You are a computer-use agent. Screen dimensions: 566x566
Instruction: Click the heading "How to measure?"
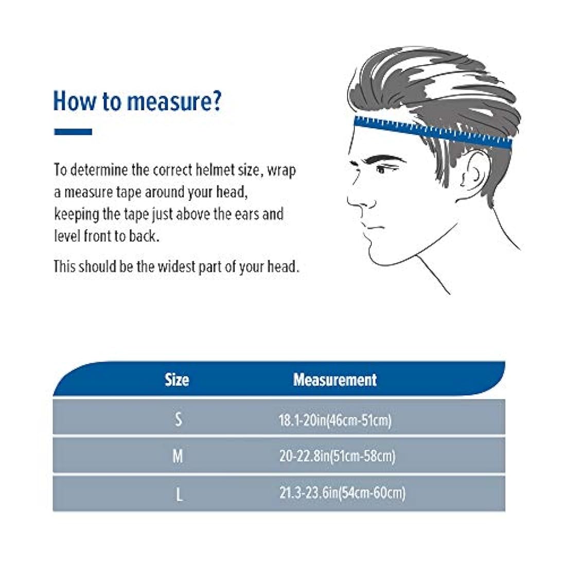tap(137, 101)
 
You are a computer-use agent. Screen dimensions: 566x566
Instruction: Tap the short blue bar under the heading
tap(73, 132)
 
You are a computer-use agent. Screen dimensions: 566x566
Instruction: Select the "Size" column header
tap(177, 380)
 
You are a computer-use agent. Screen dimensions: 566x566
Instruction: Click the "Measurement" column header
tap(335, 380)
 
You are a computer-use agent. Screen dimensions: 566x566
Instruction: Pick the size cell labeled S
tap(179, 419)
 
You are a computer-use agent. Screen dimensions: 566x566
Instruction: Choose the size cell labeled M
tap(178, 456)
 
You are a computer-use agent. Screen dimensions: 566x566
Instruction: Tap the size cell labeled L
tap(179, 494)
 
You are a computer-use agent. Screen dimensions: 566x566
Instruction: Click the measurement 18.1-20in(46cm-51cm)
tap(335, 420)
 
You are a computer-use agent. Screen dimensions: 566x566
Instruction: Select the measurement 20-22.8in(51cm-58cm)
tap(337, 456)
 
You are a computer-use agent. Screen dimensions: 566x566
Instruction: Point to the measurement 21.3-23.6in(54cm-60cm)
tap(342, 493)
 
